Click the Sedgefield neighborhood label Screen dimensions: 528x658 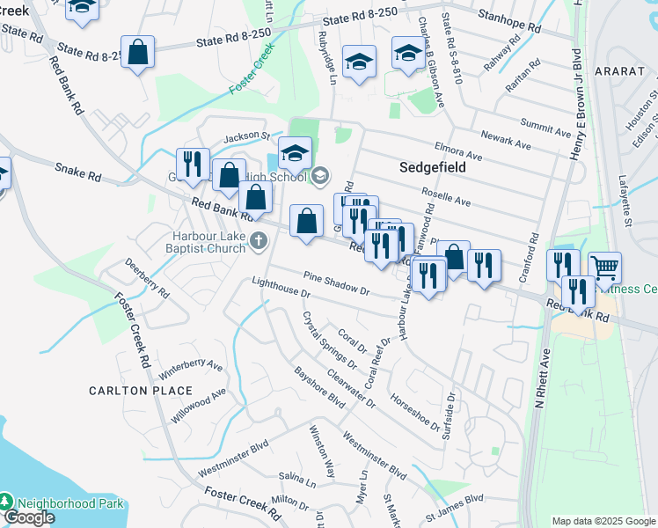point(430,166)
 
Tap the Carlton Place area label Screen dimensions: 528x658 point(140,390)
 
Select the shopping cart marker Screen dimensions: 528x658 point(605,267)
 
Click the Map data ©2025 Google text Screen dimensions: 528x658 point(603,521)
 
